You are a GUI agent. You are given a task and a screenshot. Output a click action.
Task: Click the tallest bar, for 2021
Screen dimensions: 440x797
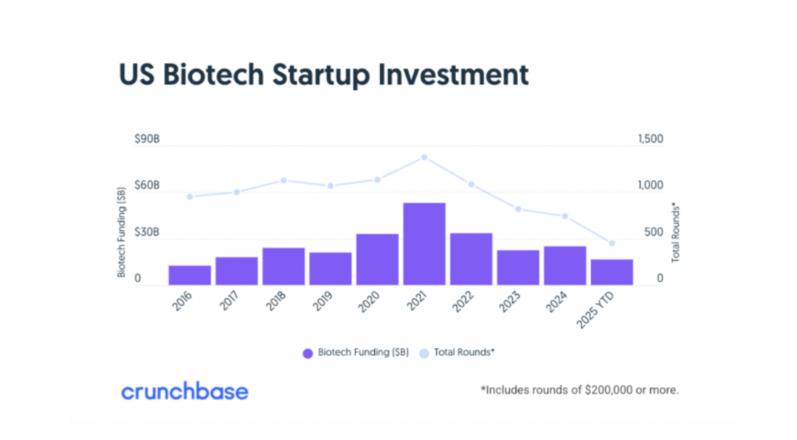click(x=424, y=243)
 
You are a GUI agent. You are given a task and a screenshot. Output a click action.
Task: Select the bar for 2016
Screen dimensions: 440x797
click(x=190, y=275)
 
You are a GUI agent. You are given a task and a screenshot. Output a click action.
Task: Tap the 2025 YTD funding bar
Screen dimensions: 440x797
click(x=612, y=272)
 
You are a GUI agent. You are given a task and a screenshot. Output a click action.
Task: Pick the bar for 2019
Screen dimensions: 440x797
click(x=331, y=268)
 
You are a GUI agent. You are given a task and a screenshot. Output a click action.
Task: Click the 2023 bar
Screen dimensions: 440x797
click(x=518, y=268)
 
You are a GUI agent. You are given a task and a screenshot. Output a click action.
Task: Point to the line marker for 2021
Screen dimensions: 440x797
click(x=424, y=157)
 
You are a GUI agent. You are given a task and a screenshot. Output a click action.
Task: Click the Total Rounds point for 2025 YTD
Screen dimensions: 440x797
click(x=612, y=243)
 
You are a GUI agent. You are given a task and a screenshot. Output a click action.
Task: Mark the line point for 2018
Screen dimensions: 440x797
click(x=283, y=181)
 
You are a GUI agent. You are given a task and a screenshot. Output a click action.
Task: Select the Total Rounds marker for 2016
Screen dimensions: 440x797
click(x=190, y=197)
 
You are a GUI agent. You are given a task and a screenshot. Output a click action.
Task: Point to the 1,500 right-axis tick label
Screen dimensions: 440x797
click(x=649, y=139)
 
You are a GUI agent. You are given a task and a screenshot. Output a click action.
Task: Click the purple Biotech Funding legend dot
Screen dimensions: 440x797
click(x=308, y=353)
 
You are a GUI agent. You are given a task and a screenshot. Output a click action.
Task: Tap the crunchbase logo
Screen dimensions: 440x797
click(x=184, y=391)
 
